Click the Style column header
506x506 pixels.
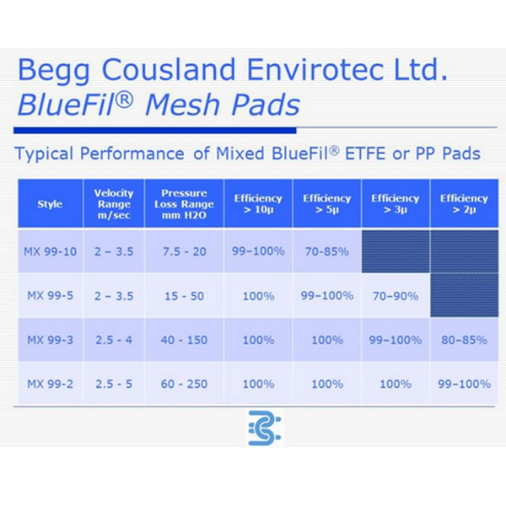click(x=50, y=204)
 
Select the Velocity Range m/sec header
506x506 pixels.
click(x=114, y=204)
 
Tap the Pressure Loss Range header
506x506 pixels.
click(x=184, y=204)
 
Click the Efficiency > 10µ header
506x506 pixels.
click(x=258, y=204)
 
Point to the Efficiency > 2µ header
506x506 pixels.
click(x=464, y=204)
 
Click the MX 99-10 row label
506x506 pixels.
click(x=50, y=251)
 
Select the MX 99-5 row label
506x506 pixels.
click(x=50, y=296)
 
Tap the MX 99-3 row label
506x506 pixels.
click(x=50, y=340)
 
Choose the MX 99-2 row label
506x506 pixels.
click(x=50, y=384)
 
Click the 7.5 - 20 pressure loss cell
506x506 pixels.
click(x=184, y=251)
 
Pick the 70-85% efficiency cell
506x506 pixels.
click(x=327, y=251)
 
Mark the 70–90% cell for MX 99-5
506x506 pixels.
click(x=396, y=296)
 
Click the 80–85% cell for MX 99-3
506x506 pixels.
click(x=464, y=340)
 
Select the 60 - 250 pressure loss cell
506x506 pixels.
click(x=184, y=384)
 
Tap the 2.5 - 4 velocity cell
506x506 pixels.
click(x=114, y=340)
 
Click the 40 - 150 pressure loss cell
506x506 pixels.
click(x=184, y=340)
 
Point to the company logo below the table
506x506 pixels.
click(x=265, y=428)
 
